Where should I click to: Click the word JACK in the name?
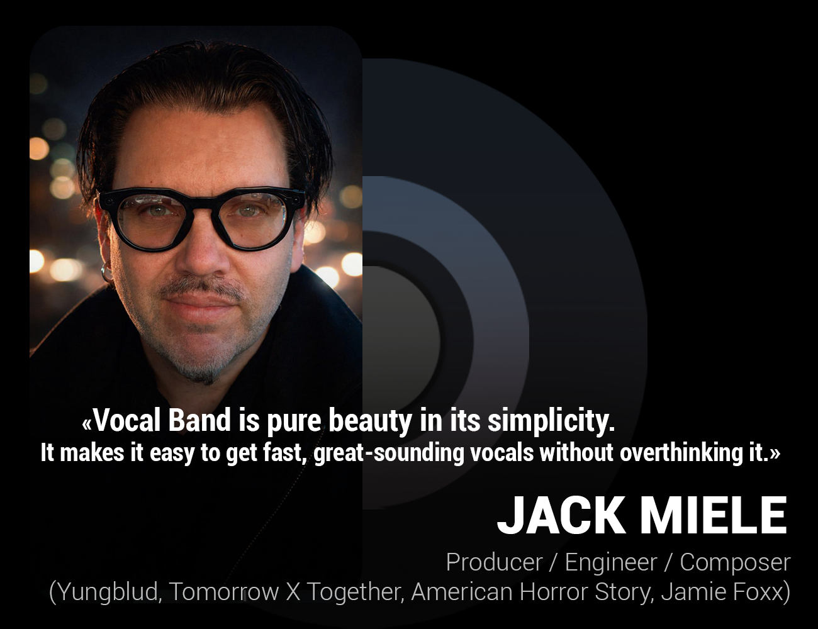(560, 515)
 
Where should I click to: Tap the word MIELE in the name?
(714, 515)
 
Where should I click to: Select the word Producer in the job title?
(494, 562)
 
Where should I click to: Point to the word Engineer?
(611, 562)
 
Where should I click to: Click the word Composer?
(735, 562)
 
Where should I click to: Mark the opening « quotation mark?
(87, 423)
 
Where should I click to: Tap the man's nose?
(200, 252)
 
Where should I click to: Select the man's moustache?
(200, 291)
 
